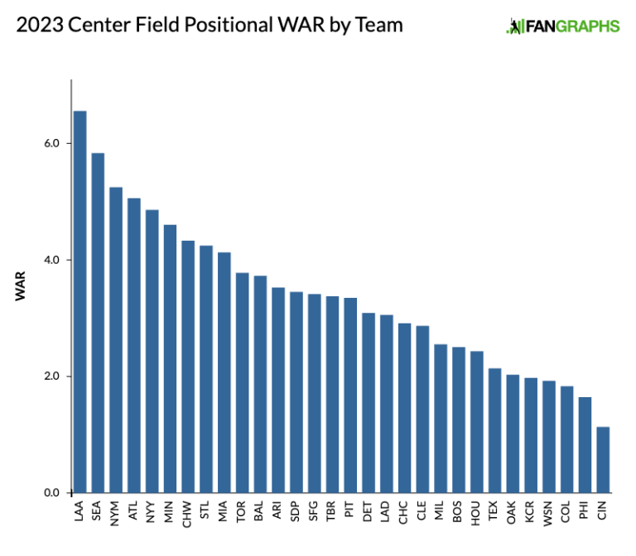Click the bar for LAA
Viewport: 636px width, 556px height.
[x=79, y=302]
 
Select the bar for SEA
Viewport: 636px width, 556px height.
[x=98, y=323]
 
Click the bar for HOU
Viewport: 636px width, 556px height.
[x=477, y=422]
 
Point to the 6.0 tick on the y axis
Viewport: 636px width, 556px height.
[x=52, y=143]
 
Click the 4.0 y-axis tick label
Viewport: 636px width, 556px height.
[x=52, y=260]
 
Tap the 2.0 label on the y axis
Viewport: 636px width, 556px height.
[x=52, y=376]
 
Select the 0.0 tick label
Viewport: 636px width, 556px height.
[x=52, y=493]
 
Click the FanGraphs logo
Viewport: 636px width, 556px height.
[x=562, y=26]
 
